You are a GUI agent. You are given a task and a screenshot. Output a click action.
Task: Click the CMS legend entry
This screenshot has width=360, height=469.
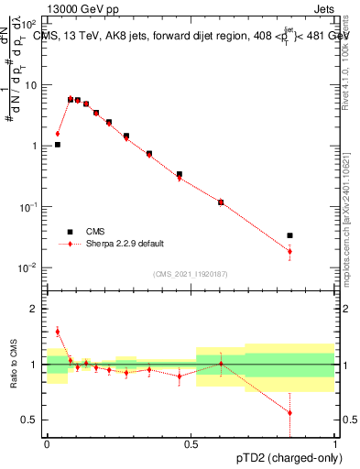tap(96, 233)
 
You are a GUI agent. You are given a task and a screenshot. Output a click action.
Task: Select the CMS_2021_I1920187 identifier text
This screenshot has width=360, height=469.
tap(191, 274)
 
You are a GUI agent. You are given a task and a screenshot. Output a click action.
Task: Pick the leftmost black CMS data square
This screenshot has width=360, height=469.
tap(58, 145)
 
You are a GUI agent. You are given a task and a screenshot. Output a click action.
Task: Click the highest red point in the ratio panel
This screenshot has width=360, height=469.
tap(58, 332)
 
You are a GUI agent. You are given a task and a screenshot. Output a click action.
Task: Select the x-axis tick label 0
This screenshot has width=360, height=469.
tap(48, 442)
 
